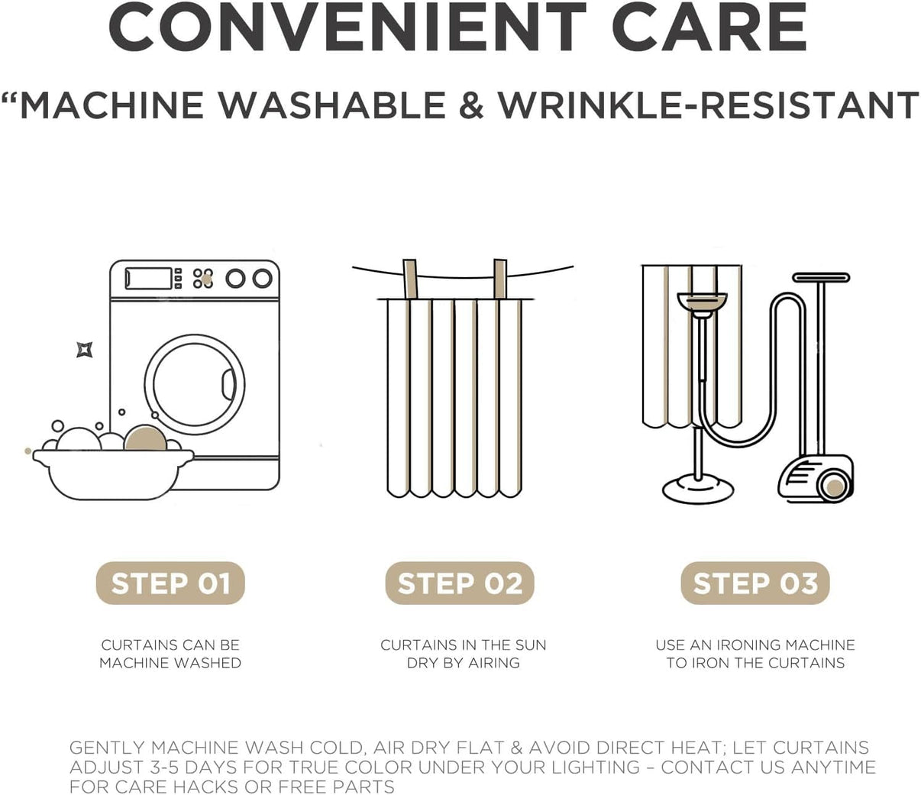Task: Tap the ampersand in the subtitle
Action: [471, 105]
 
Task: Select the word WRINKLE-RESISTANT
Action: [709, 105]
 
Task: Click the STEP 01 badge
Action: [170, 583]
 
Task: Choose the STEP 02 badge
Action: [460, 583]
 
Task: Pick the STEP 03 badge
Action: [755, 583]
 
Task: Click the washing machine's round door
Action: [195, 385]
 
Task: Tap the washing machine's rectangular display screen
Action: [148, 279]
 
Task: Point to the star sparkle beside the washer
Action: [84, 349]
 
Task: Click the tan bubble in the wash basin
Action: [145, 438]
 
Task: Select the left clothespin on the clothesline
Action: [410, 279]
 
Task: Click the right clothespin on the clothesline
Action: [500, 279]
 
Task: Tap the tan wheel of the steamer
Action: [835, 487]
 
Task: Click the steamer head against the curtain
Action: [702, 303]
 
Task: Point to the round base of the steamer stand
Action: [698, 490]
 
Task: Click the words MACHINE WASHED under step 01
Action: [170, 663]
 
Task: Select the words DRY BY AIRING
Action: [464, 663]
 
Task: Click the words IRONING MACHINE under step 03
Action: [786, 645]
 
